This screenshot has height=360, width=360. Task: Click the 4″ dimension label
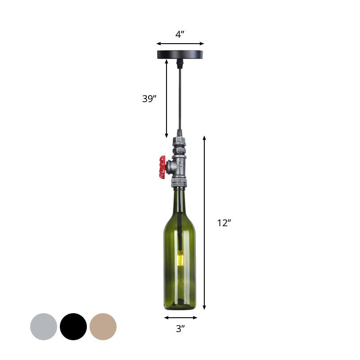[180, 34]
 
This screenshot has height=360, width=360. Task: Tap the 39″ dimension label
[149, 99]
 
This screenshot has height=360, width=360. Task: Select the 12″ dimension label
[224, 223]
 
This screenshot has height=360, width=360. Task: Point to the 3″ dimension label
[180, 329]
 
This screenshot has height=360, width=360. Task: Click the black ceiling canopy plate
[180, 54]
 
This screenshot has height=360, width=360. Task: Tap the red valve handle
[162, 167]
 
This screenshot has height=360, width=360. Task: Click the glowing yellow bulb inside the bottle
[180, 258]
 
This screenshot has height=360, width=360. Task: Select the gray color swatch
[44, 327]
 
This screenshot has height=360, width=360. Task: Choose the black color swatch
[73, 327]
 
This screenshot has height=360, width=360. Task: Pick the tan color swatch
[103, 327]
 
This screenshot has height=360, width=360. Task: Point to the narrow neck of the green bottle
[180, 200]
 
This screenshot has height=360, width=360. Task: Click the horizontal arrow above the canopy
[180, 44]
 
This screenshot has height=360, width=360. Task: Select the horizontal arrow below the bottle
[180, 317]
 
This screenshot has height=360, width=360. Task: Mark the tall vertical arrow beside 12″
[204, 223]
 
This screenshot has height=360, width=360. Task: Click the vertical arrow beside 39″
[166, 99]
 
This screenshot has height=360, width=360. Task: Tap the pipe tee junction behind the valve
[179, 167]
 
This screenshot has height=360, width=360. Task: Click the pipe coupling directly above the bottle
[179, 183]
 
